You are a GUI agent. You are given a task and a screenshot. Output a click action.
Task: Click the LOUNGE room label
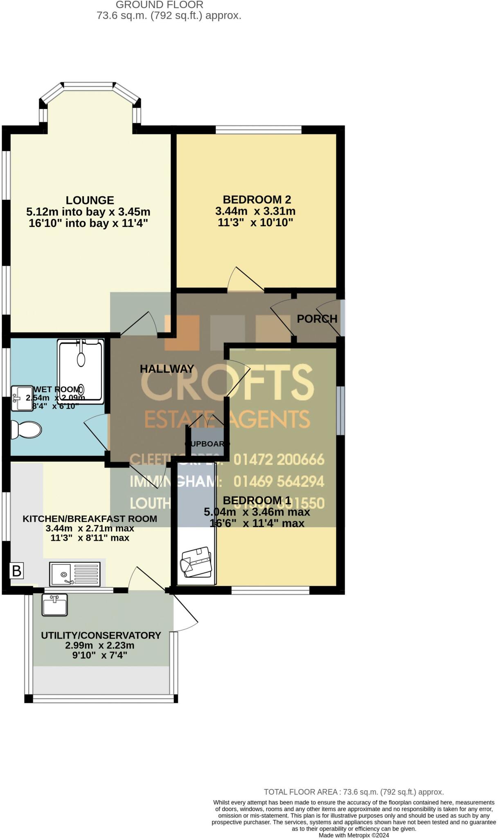90,200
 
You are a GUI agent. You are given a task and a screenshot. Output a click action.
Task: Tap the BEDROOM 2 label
257,200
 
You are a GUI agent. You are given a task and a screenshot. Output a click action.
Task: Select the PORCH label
317,319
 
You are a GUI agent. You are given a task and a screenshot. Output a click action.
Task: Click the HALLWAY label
167,369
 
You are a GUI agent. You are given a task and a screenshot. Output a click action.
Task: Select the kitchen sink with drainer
75,574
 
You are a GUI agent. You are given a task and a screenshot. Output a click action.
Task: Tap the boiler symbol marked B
17,570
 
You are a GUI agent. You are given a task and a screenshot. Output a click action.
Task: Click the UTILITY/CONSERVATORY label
101,635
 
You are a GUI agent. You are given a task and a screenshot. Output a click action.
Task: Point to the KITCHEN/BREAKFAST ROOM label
90,519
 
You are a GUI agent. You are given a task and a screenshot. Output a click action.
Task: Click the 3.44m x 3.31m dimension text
255,211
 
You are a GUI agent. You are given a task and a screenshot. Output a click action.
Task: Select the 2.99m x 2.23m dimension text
100,645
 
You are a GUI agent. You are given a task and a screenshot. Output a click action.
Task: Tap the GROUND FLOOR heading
160,5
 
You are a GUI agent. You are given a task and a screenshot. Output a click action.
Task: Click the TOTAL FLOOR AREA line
354,792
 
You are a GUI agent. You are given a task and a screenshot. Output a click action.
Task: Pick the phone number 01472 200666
279,459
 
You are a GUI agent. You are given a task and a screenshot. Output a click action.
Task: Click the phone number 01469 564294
279,481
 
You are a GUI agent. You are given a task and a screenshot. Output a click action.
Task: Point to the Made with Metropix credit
354,835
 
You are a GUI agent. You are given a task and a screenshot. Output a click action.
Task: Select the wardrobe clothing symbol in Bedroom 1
196,561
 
